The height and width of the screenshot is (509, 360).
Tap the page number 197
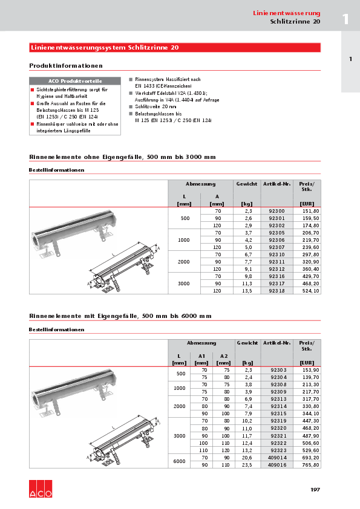(315, 490)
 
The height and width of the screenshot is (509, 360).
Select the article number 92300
(277, 210)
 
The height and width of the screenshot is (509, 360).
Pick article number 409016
(277, 465)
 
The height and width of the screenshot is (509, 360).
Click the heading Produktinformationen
(66, 65)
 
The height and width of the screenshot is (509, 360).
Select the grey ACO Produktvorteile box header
(75, 81)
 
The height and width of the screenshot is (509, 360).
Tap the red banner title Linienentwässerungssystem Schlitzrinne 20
(104, 48)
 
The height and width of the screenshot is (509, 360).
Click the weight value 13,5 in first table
(246, 290)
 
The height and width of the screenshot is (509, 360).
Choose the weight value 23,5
(247, 465)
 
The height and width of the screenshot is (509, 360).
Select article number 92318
(277, 290)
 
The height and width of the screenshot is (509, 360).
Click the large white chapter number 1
(345, 19)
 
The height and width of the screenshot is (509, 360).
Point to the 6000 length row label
(179, 462)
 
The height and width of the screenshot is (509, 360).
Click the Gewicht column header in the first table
(247, 183)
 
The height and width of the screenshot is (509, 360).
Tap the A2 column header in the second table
(224, 356)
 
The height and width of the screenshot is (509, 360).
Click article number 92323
(277, 450)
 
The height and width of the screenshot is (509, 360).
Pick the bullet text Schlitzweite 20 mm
(147, 106)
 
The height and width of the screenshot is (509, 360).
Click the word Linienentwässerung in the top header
(286, 13)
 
